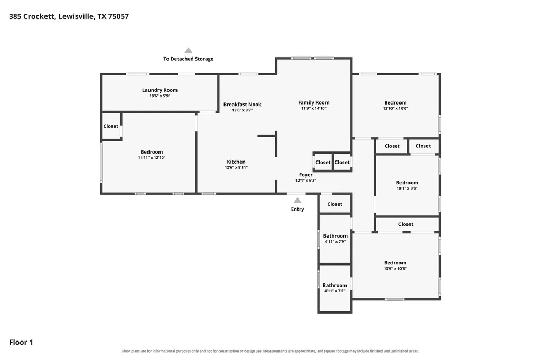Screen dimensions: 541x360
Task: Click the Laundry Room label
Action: [160, 90]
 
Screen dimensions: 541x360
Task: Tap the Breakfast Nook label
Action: [242, 105]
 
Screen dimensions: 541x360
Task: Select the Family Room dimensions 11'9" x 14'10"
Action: [314, 108]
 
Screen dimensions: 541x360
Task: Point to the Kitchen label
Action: [236, 162]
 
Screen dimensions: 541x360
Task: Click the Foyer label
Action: [306, 175]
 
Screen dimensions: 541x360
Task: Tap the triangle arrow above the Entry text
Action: [297, 201]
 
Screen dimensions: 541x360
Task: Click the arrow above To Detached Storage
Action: [188, 50]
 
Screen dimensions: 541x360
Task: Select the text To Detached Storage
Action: [189, 59]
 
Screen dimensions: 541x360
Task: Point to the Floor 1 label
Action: [21, 342]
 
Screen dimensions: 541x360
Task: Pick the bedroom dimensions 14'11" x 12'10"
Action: [152, 158]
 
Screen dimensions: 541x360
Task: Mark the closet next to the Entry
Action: [334, 204]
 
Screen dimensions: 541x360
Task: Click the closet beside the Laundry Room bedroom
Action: [111, 126]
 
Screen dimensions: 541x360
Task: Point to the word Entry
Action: [297, 209]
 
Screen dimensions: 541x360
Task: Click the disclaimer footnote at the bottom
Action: [270, 351]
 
